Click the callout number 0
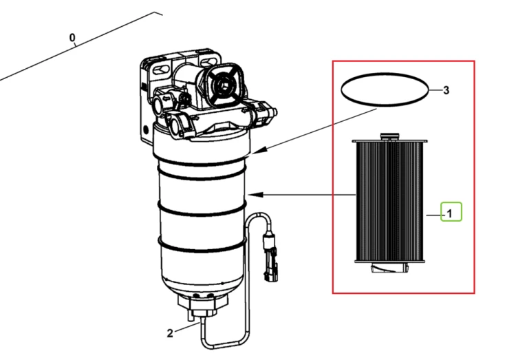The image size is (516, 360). point(72,38)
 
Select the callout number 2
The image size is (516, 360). point(170,333)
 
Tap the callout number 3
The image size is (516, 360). point(446,90)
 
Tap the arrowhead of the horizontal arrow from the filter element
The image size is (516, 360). point(255,195)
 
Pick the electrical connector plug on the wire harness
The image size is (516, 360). point(270,257)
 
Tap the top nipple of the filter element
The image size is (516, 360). point(389,136)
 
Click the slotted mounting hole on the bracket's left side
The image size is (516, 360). point(161,70)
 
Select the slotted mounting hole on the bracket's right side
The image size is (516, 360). point(207,61)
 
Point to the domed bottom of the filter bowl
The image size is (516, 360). point(202,284)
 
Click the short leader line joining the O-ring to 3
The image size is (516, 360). point(435,90)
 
